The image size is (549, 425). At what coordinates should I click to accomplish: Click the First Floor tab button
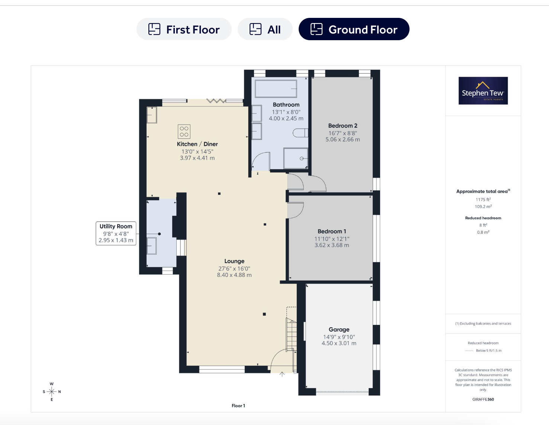click(184, 29)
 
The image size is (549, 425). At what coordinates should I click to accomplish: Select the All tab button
click(265, 29)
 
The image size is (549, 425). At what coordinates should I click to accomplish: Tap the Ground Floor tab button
click(354, 29)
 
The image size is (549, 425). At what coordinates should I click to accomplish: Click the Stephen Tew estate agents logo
click(483, 91)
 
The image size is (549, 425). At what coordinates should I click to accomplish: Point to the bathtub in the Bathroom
click(276, 89)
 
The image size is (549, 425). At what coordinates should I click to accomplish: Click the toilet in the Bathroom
click(301, 132)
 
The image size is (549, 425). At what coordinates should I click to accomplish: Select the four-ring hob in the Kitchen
click(184, 131)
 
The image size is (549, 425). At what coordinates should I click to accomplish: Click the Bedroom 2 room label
click(343, 125)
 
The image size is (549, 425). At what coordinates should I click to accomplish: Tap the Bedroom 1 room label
click(332, 231)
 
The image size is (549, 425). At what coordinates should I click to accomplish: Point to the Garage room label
click(339, 329)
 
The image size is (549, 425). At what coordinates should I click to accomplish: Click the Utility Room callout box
click(116, 233)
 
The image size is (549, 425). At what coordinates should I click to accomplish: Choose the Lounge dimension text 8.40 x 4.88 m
click(234, 275)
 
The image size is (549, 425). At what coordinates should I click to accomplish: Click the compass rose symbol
click(52, 392)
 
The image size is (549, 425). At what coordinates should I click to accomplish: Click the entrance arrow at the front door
click(282, 374)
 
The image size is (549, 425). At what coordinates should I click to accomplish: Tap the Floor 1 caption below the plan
click(238, 406)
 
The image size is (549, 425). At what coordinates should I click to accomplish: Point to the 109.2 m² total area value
click(483, 207)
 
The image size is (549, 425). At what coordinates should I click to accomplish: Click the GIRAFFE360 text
click(483, 399)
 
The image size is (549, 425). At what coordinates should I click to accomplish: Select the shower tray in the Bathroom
click(296, 159)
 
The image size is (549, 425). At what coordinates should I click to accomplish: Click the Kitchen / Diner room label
click(197, 144)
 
